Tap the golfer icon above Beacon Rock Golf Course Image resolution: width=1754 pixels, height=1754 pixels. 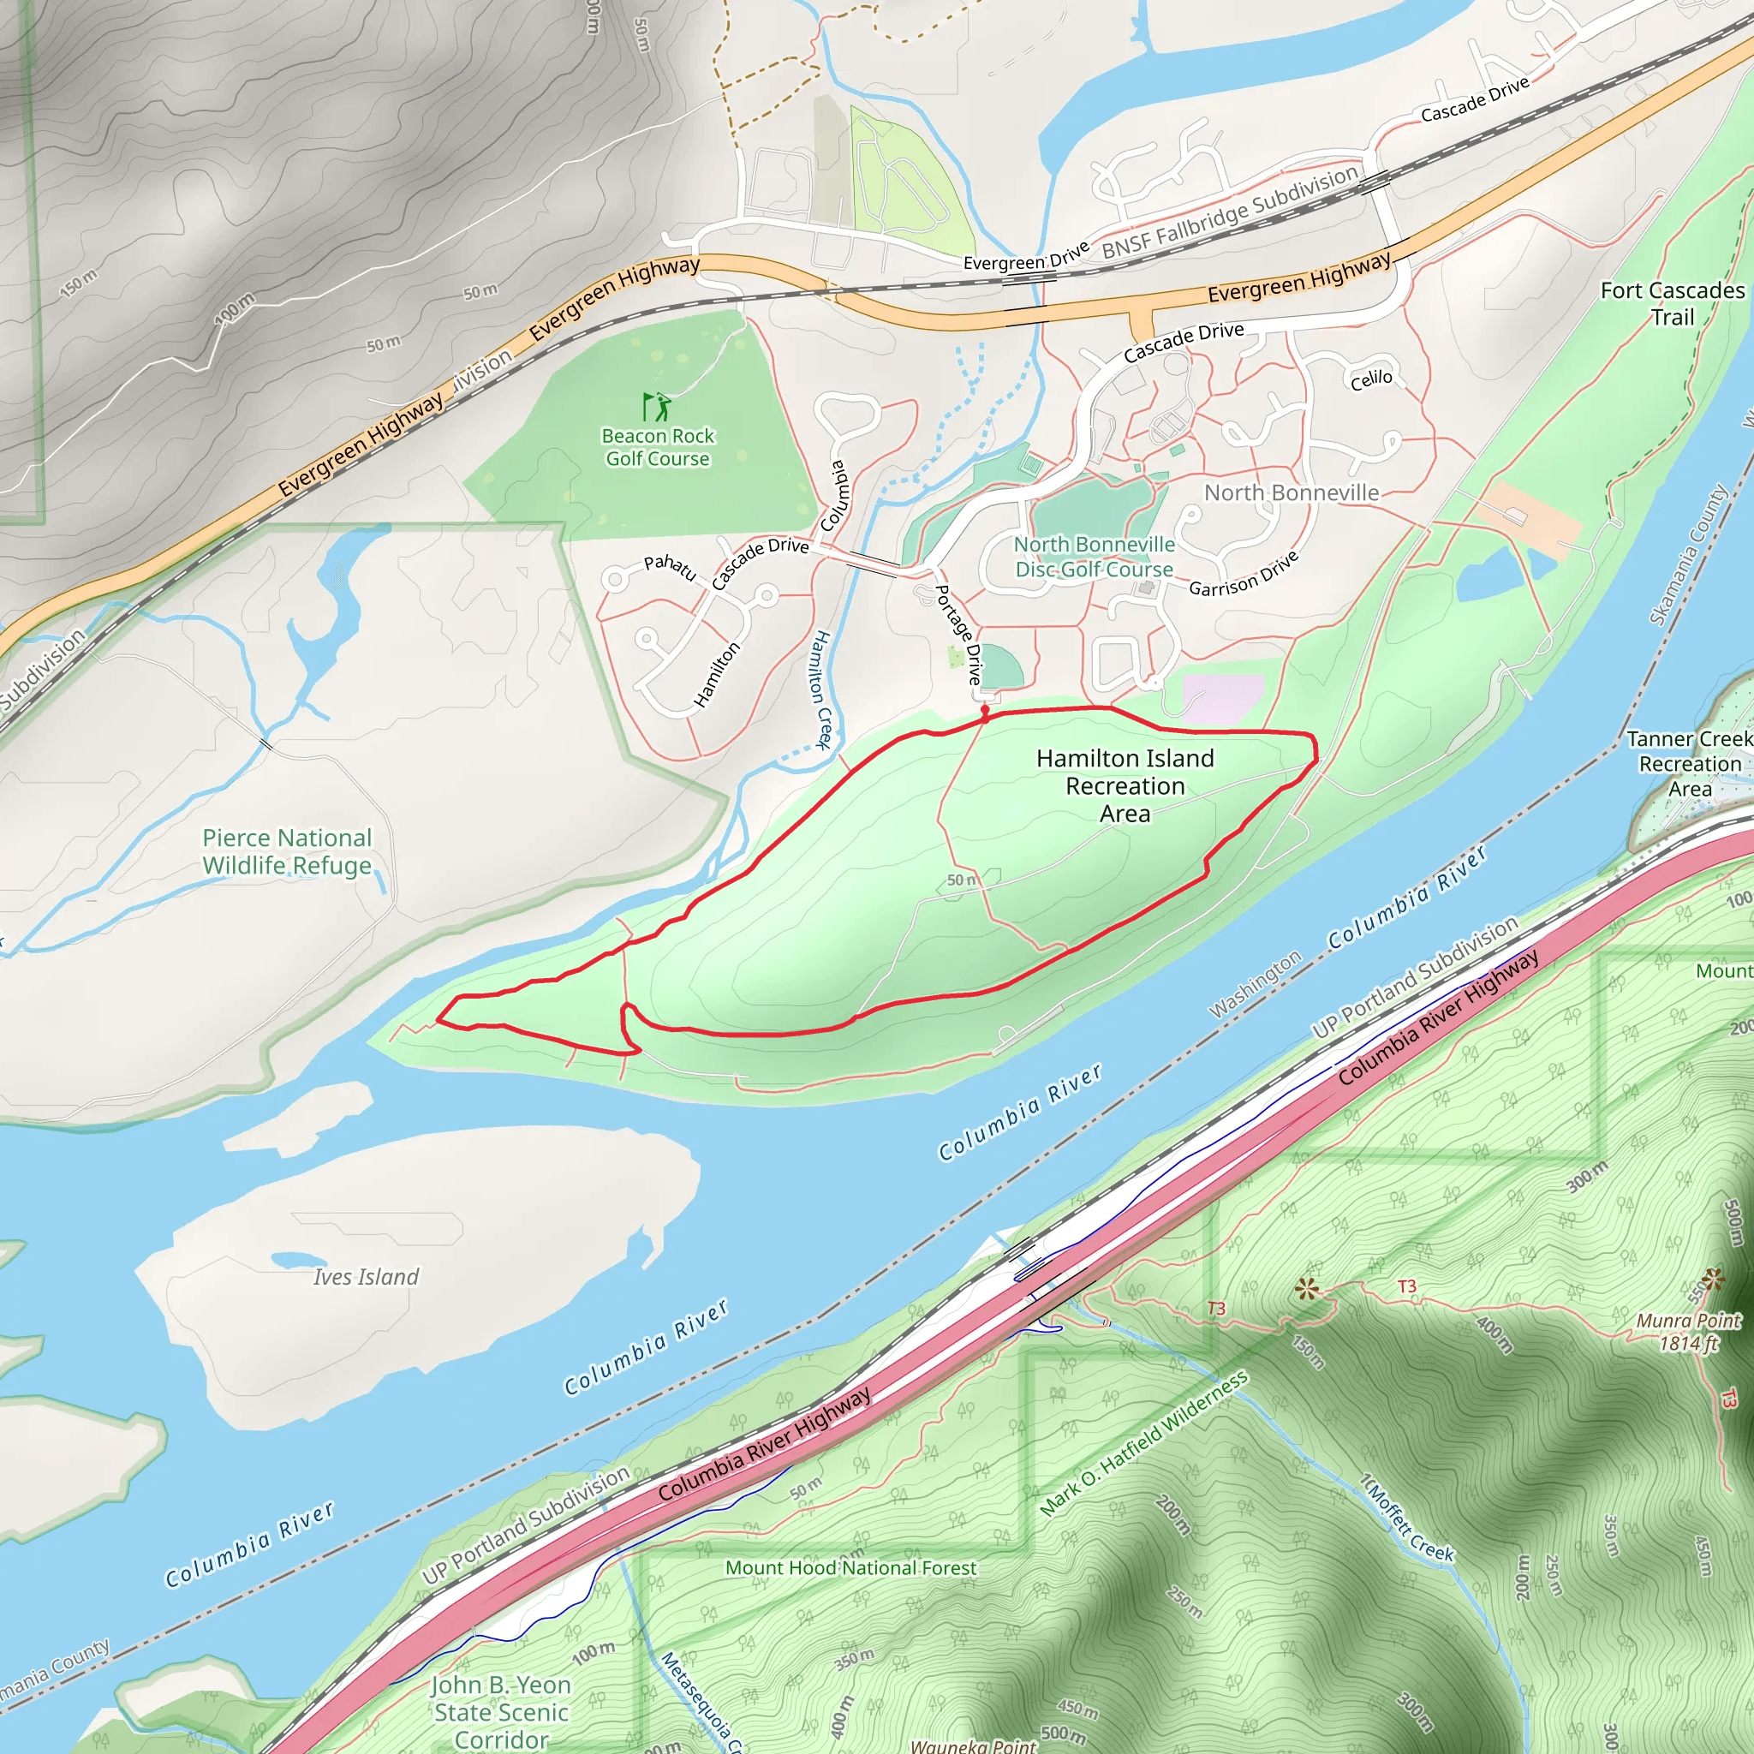657,406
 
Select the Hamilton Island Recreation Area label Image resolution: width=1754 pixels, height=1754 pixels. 1125,785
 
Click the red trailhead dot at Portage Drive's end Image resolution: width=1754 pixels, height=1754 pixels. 985,710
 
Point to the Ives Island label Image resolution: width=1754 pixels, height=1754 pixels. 366,1276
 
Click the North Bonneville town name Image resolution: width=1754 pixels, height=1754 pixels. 1291,493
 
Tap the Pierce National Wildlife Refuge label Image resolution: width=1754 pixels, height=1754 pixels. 287,850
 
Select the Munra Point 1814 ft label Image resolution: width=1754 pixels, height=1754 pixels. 1688,1332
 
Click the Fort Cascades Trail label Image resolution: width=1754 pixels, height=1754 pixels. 1672,303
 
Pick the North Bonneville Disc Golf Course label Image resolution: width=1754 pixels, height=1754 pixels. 1094,557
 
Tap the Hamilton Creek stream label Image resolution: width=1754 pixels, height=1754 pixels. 820,689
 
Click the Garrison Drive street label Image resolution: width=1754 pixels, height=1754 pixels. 1244,575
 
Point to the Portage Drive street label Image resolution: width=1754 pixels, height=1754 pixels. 958,635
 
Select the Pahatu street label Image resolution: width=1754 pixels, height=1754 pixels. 670,568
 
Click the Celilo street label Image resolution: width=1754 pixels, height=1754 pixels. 1371,379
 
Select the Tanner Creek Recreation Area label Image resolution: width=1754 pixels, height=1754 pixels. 1689,763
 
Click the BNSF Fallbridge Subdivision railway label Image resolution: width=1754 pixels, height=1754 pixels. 1230,212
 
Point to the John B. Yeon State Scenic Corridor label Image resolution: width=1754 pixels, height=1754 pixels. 501,1712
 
